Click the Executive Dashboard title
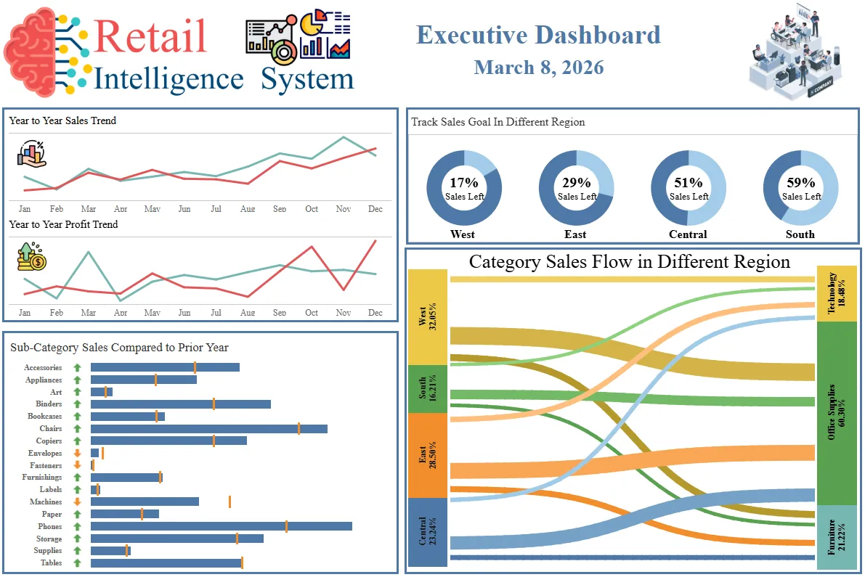point(538,35)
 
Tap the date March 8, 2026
point(538,67)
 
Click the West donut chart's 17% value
point(463,183)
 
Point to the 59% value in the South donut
point(800,183)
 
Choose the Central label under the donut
point(688,234)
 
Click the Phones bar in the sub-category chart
point(221,526)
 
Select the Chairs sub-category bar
point(208,429)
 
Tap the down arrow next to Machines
point(77,502)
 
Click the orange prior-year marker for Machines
point(230,502)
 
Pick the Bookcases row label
point(44,417)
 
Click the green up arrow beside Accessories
point(77,368)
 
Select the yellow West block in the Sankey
point(427,317)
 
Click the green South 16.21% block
point(427,389)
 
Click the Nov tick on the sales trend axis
point(343,209)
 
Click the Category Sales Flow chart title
point(629,262)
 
